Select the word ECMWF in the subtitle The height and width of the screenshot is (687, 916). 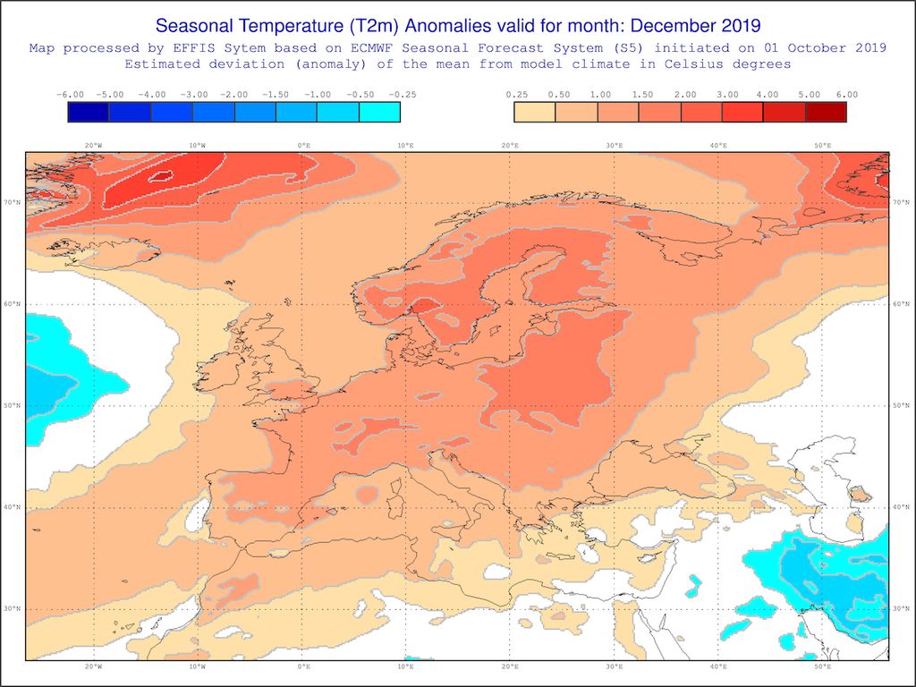384,47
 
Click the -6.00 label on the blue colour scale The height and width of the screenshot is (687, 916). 69,94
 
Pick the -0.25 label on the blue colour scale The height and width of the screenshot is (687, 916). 401,94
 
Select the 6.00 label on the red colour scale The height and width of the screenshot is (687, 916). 846,94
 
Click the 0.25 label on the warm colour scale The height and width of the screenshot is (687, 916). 515,94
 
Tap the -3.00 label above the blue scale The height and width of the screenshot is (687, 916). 194,94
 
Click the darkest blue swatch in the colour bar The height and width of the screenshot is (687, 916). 89,112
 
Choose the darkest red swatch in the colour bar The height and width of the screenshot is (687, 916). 826,112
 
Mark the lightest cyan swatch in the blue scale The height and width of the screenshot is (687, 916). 379,112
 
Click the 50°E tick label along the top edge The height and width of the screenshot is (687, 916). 822,145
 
